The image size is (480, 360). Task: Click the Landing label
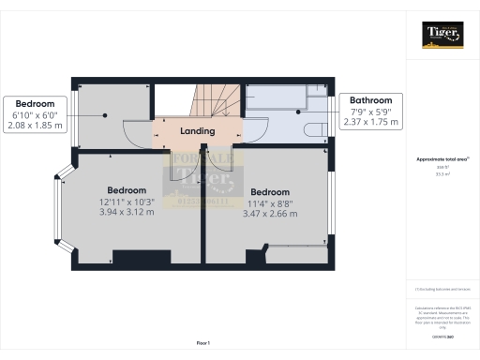197,131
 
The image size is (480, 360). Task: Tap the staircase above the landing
212,99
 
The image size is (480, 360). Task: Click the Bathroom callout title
371,100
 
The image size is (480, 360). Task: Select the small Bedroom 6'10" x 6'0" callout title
34,103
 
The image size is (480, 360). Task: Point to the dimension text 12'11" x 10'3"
126,202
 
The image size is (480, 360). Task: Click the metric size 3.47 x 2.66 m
273,213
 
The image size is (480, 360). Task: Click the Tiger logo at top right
442,34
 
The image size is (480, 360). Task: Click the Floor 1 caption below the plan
202,344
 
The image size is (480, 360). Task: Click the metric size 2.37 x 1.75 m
371,122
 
